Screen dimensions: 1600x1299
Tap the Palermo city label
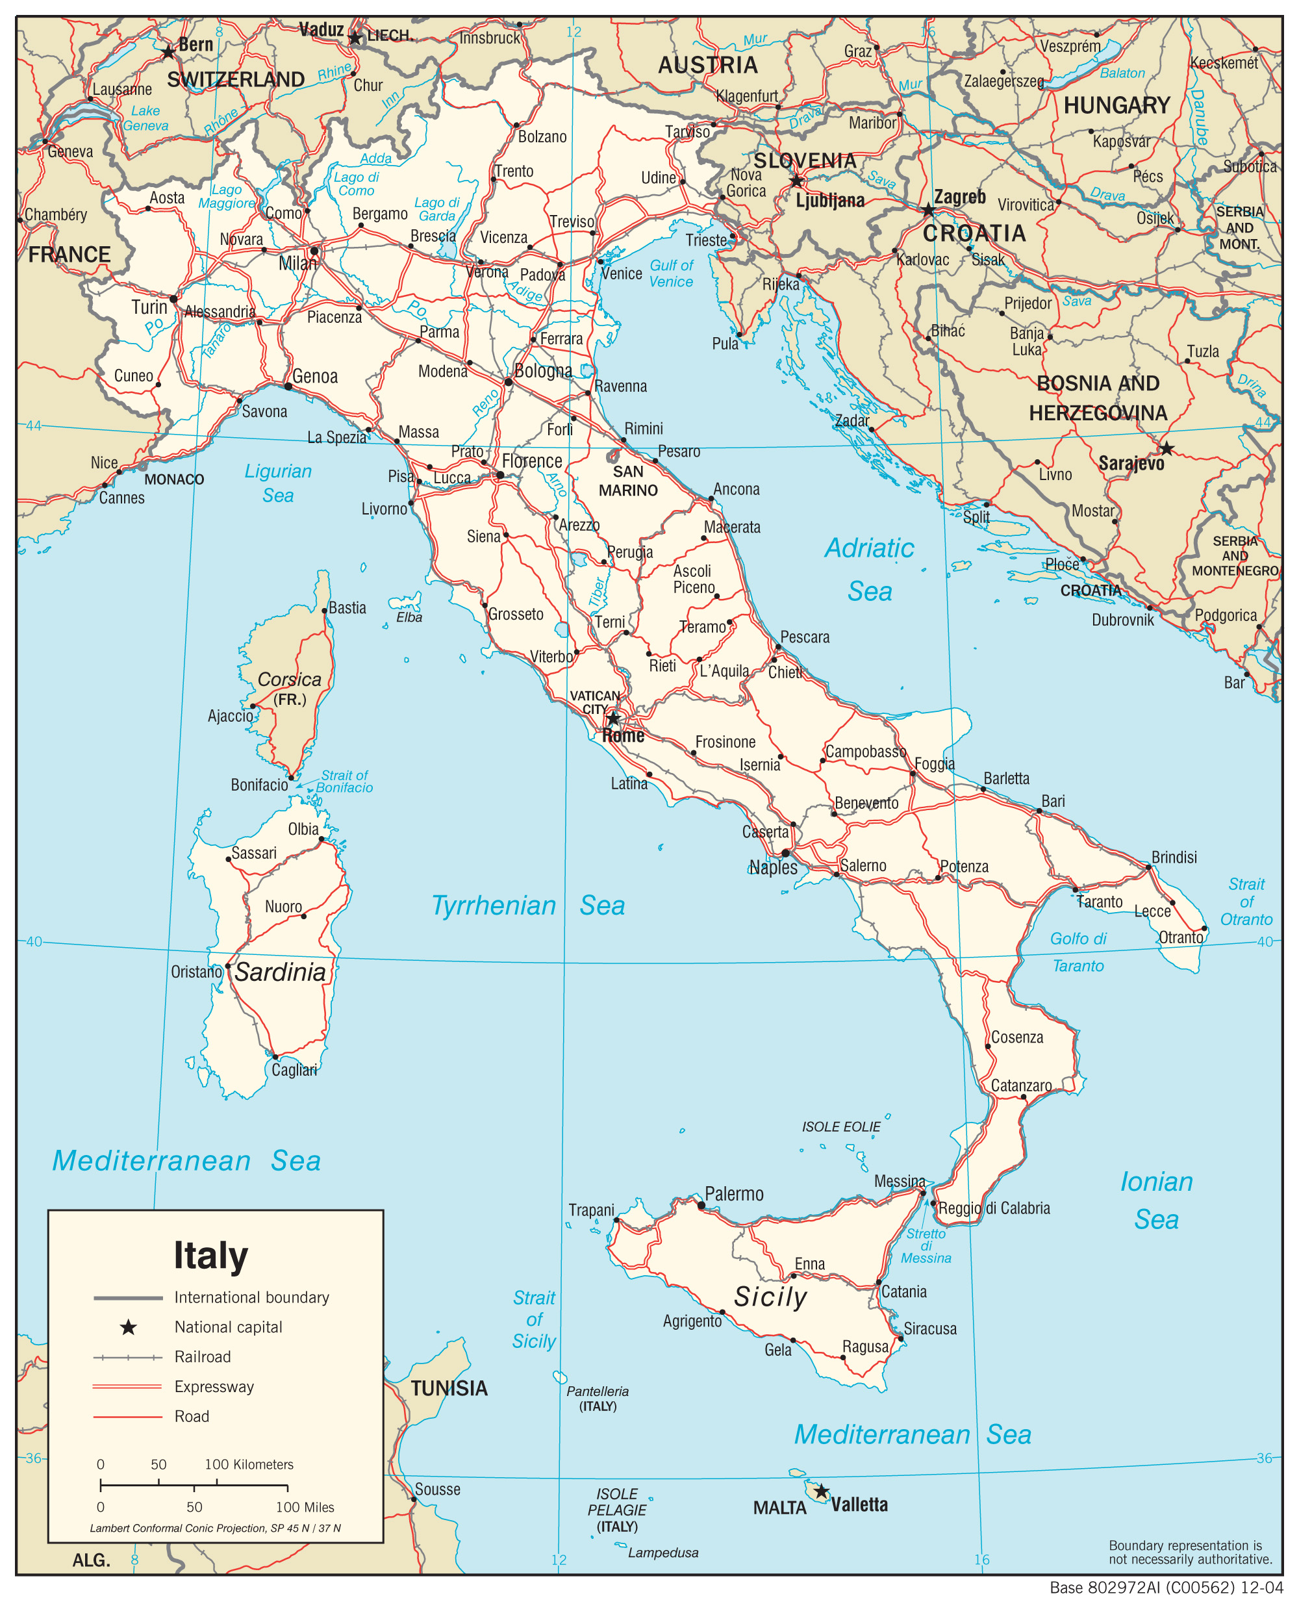click(x=733, y=1193)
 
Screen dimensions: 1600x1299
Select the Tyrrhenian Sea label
click(x=528, y=906)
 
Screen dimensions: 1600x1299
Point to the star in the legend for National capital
click(x=128, y=1327)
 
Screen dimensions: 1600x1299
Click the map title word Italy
click(x=210, y=1256)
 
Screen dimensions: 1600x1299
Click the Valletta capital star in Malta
click(x=821, y=1492)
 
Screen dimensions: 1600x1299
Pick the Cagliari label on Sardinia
click(x=294, y=1070)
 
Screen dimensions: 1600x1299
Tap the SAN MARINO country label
click(x=628, y=481)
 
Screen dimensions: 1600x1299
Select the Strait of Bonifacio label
click(x=344, y=781)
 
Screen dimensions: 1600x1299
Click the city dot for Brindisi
click(x=1148, y=867)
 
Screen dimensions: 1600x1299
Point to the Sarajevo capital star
click(x=1167, y=449)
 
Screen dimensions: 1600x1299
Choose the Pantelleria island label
click(x=597, y=1391)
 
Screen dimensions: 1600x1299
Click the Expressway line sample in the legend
click(x=127, y=1387)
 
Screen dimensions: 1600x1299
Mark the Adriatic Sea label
click(x=870, y=570)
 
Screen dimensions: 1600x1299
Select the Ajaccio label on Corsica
click(x=231, y=716)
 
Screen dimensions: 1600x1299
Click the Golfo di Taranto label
click(x=1078, y=952)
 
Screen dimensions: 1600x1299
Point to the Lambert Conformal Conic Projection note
click(x=215, y=1528)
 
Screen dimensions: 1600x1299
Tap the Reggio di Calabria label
click(x=994, y=1208)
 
